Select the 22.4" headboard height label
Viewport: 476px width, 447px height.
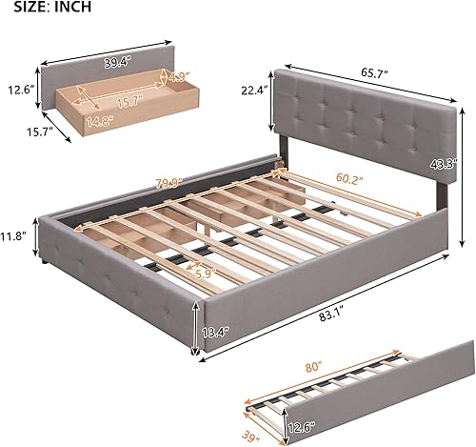coord(254,91)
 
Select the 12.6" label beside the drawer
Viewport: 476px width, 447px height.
coord(16,91)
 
